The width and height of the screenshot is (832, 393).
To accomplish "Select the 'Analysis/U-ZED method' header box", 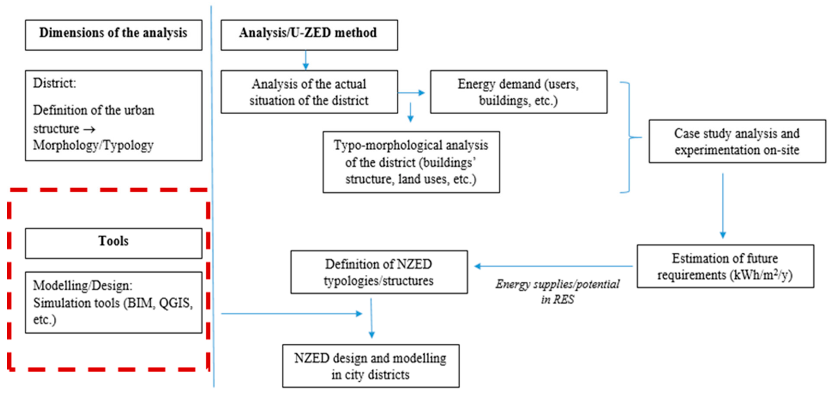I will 309,35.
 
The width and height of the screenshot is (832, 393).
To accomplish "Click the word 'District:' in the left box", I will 54,83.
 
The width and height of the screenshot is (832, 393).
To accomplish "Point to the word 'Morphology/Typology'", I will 93,146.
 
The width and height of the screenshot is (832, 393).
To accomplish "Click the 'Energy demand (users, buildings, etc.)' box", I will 518,92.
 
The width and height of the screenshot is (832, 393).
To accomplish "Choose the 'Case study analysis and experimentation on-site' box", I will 737,141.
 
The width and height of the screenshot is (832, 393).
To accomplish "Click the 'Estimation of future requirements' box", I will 725,266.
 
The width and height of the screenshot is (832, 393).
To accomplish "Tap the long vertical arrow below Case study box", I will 723,206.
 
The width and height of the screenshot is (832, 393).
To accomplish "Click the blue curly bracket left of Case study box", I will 630,137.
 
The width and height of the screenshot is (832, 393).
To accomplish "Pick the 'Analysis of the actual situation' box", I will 309,92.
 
